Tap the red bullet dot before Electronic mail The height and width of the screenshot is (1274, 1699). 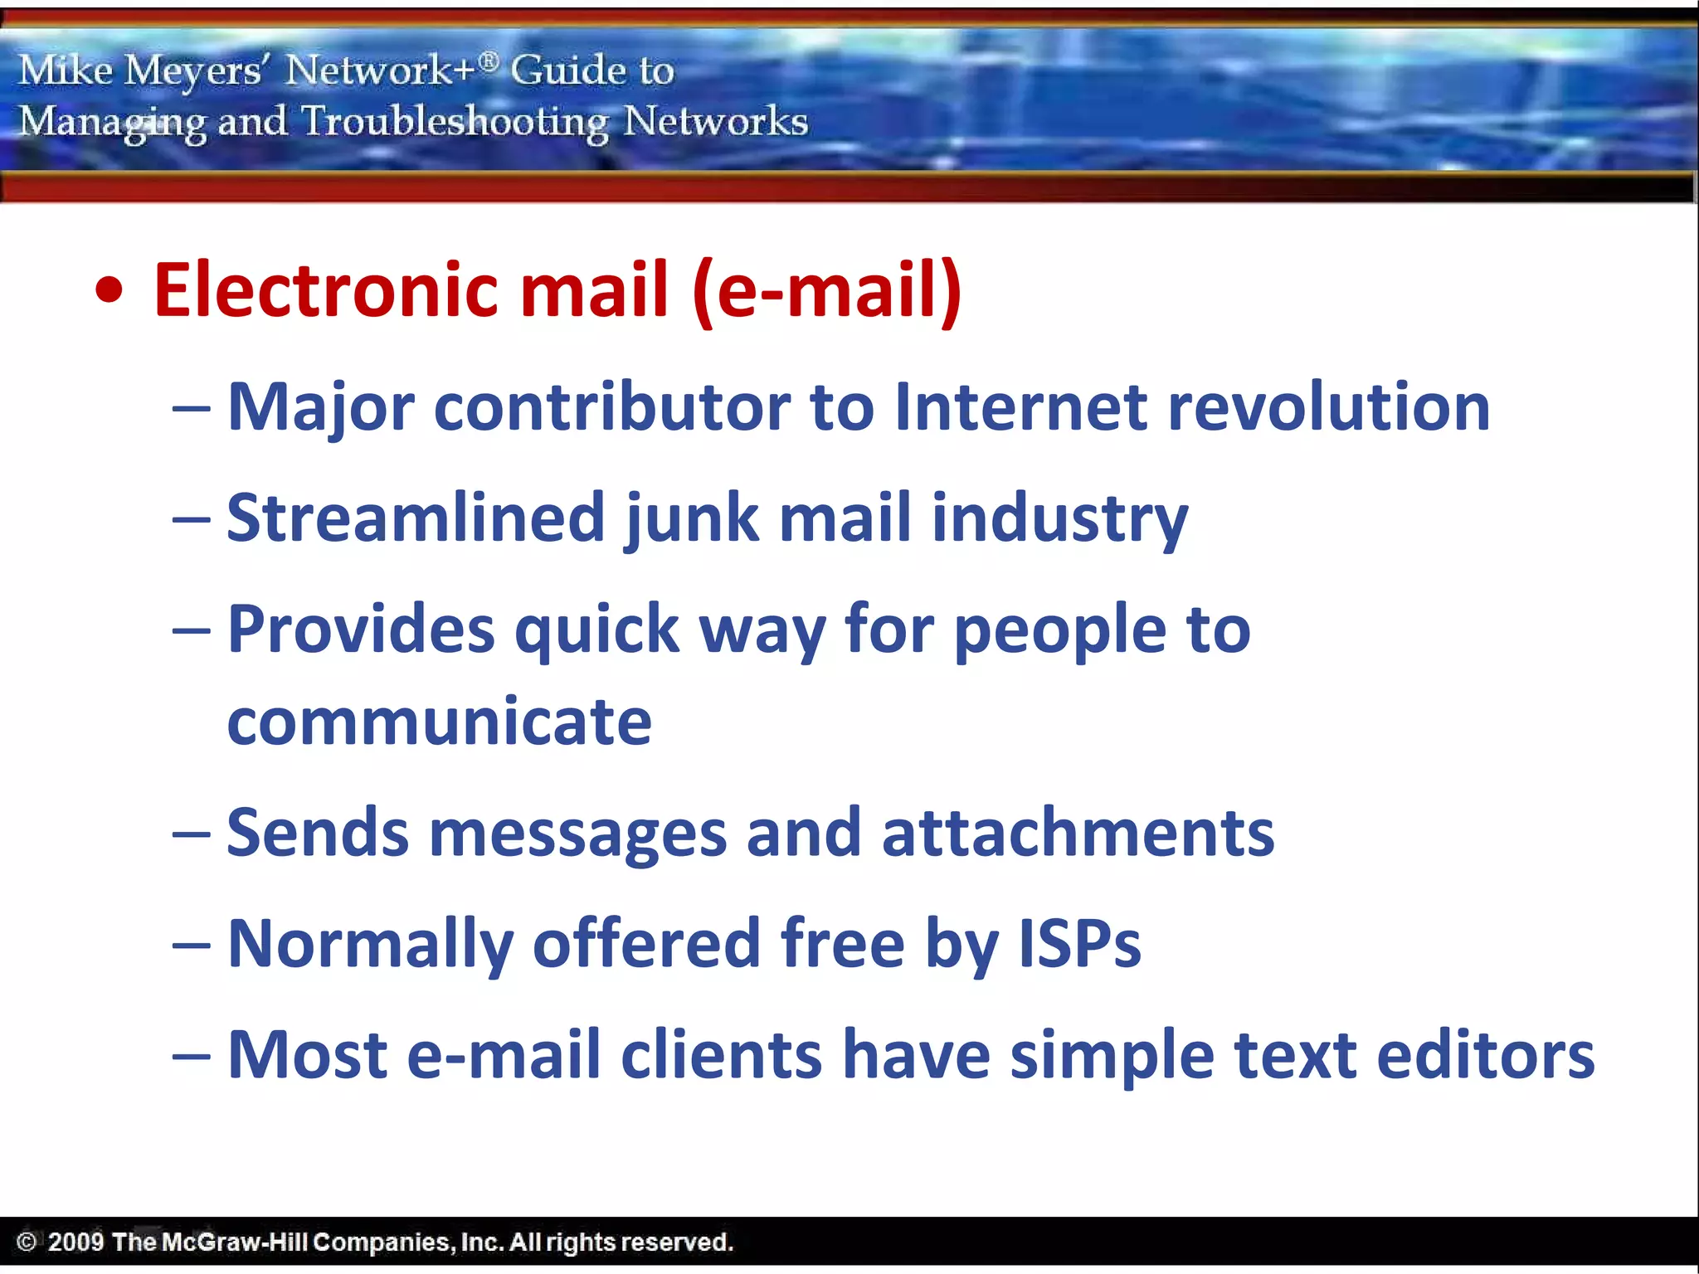[x=109, y=291]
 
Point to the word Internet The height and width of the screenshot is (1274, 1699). [x=1021, y=407]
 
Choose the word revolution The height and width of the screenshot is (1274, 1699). [x=1328, y=407]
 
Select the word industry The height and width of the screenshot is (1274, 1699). [x=1059, y=519]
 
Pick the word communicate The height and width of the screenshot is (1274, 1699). [x=440, y=722]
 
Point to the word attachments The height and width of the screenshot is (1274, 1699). [x=1078, y=833]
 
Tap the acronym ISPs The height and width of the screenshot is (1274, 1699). [x=1079, y=944]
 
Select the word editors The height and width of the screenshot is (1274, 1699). [x=1486, y=1055]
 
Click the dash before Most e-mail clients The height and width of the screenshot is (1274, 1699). [x=191, y=1057]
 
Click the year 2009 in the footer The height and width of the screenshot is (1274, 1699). [x=75, y=1242]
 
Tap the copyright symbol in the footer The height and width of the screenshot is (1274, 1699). [x=27, y=1242]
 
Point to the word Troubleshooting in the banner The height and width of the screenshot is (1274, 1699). [x=455, y=122]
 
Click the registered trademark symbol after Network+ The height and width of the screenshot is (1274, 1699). [x=489, y=60]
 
